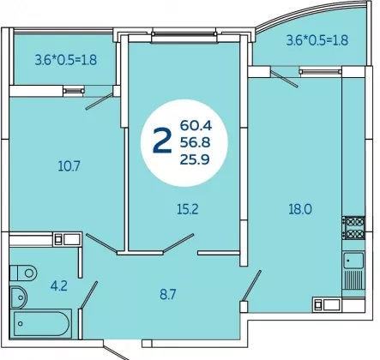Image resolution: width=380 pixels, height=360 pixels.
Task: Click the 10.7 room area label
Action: coord(69,166)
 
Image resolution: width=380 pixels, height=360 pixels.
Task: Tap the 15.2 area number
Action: coord(188,210)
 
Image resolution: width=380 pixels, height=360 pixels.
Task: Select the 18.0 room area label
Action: coord(300,209)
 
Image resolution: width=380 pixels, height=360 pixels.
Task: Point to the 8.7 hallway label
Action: coord(168,295)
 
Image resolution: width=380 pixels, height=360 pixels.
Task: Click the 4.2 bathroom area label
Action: coord(59,285)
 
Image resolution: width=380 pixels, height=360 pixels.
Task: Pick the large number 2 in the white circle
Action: coord(162,141)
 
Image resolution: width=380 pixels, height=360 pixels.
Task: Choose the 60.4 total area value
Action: coord(196,125)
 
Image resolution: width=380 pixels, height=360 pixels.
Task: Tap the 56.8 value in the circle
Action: coord(195,142)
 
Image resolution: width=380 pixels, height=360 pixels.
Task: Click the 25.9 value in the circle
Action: coord(195,159)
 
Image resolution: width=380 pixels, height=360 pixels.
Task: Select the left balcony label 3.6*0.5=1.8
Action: coord(66,60)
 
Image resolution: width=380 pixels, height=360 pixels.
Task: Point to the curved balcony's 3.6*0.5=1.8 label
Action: coord(317,40)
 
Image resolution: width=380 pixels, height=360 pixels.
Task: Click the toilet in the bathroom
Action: coord(23,273)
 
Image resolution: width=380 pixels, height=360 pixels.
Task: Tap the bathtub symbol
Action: coord(41,323)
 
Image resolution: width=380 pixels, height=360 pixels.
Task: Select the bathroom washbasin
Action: coord(18,297)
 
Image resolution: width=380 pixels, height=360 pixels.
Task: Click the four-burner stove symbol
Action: coord(353,228)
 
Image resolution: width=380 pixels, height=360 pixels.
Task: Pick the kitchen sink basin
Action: coord(353,261)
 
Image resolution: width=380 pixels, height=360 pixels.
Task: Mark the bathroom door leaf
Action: coord(88,295)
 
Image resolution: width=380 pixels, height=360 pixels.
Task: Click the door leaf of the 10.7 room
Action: coord(100,242)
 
